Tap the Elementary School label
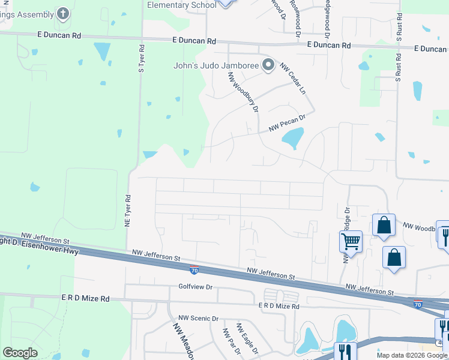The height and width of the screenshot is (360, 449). coord(181,5)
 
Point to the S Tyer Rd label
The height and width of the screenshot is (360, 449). coord(142,59)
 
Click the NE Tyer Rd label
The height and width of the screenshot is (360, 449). coord(128,210)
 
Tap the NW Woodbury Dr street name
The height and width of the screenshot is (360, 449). coord(243,93)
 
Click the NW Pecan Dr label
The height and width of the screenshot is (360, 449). coord(287,123)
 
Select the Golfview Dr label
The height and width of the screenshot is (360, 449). coord(196,287)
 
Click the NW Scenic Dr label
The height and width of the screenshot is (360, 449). coord(199,318)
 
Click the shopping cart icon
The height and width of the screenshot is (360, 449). coord(351,242)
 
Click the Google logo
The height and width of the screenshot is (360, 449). coord(20,353)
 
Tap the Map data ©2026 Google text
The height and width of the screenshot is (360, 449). coord(411,355)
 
